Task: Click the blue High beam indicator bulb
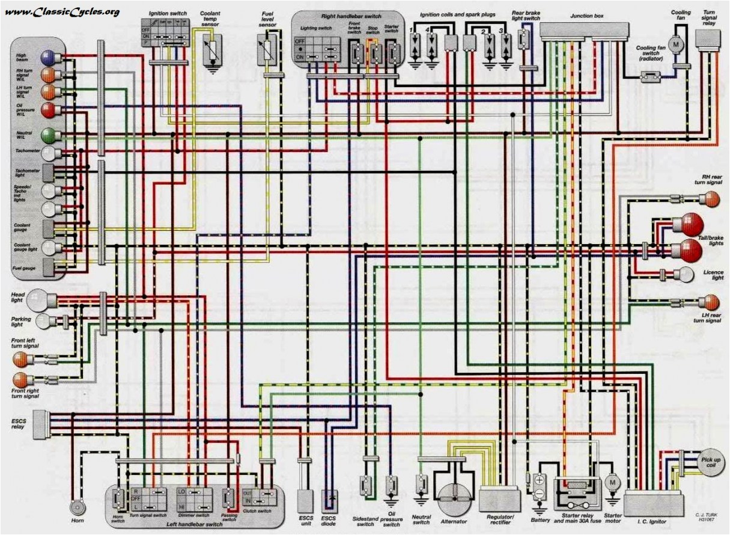tap(47, 57)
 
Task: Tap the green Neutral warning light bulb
tap(48, 135)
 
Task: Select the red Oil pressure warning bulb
tap(48, 109)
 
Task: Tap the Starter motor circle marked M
tap(612, 482)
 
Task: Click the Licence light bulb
tap(684, 274)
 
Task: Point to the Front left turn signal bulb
tap(21, 359)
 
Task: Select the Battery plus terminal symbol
tap(539, 480)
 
